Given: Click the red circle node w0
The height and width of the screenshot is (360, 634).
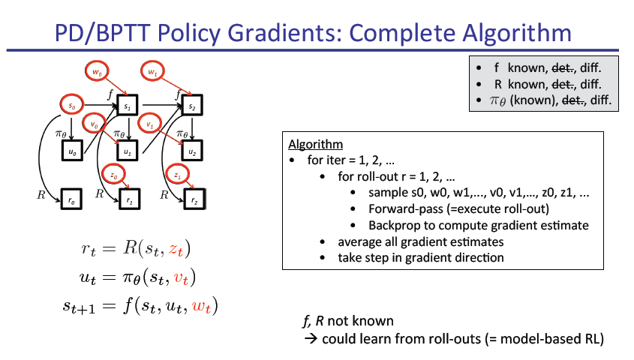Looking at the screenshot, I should pyautogui.click(x=97, y=73).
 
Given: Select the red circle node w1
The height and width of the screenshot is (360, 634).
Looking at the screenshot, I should pyautogui.click(x=152, y=73).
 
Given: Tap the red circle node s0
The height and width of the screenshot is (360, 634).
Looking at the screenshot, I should pyautogui.click(x=72, y=106).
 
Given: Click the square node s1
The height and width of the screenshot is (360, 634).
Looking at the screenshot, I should pyautogui.click(x=128, y=107).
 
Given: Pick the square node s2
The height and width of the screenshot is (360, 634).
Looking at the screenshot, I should pyautogui.click(x=192, y=107).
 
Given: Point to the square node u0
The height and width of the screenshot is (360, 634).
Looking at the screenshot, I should pyautogui.click(x=72, y=151).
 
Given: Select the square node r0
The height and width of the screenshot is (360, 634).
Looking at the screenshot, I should pyautogui.click(x=72, y=200).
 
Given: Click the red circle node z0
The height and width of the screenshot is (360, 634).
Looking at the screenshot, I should pyautogui.click(x=113, y=175).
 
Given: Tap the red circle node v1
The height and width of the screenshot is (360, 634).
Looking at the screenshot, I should pyautogui.click(x=149, y=124).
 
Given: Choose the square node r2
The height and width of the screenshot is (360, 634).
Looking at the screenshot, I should pyautogui.click(x=194, y=200).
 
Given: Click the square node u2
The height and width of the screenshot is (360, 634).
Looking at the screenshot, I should pyautogui.click(x=193, y=152).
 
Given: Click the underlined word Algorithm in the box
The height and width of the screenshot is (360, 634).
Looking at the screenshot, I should pyautogui.click(x=315, y=144).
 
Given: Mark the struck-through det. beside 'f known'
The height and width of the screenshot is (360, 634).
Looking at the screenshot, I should pyautogui.click(x=563, y=67).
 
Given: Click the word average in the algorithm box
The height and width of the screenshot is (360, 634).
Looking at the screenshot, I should pyautogui.click(x=362, y=241).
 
